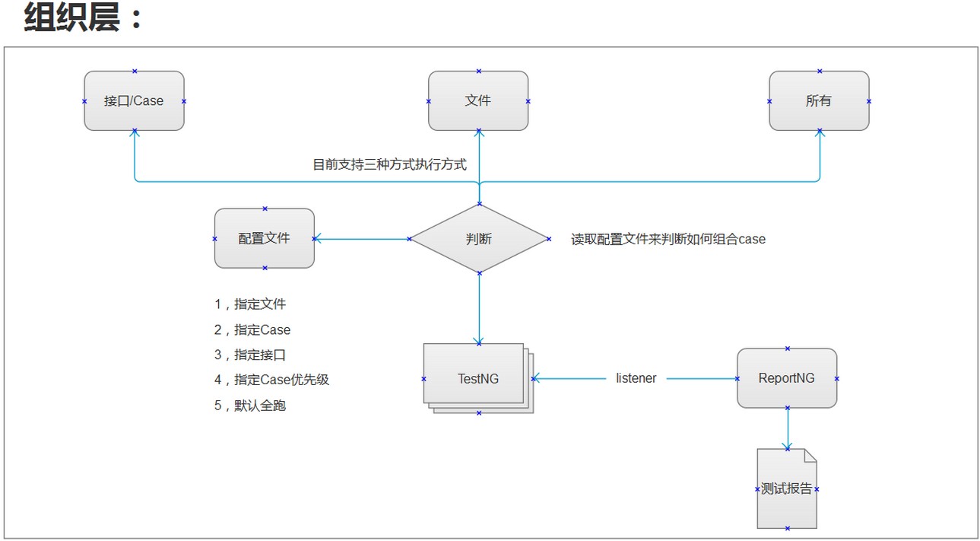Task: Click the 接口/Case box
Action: point(134,100)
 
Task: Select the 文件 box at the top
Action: point(478,100)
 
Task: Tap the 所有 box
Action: point(819,100)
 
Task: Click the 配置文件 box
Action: point(265,238)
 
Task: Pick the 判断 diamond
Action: point(479,239)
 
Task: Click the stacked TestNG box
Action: point(476,377)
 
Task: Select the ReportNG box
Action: point(787,378)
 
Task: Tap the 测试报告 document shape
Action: point(787,488)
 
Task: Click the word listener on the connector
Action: point(636,378)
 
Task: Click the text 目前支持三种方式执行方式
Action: point(390,164)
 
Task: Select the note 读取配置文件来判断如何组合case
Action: point(668,239)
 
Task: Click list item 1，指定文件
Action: point(250,304)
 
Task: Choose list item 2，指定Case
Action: point(252,330)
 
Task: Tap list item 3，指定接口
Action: point(250,355)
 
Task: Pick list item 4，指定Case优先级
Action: point(271,380)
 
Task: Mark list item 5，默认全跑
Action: point(250,406)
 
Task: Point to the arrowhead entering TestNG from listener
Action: point(537,378)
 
